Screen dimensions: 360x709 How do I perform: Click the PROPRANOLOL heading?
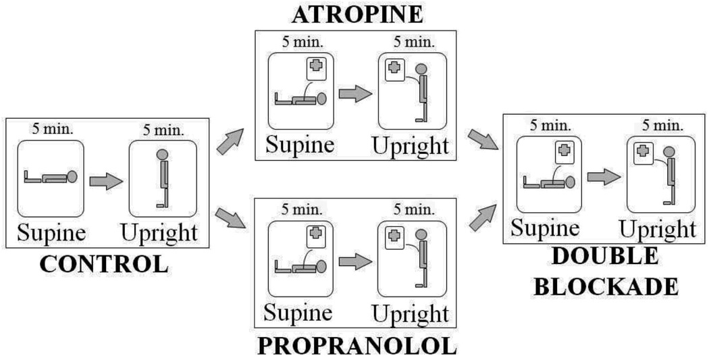click(357, 346)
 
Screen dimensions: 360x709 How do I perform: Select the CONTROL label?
click(103, 263)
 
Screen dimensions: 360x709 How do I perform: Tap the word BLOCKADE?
click(606, 286)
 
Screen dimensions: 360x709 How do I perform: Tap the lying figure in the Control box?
click(51, 178)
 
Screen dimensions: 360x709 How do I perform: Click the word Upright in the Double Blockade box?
click(658, 229)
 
